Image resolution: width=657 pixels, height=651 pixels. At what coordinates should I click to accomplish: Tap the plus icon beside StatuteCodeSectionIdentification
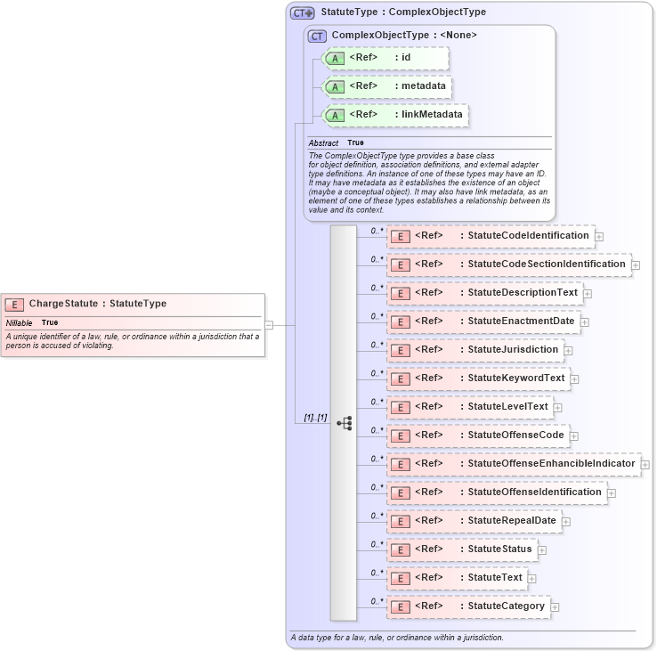[x=636, y=264]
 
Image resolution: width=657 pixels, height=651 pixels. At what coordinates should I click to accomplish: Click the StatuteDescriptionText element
[x=484, y=293]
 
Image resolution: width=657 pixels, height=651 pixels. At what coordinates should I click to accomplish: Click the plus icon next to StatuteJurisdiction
[x=569, y=350]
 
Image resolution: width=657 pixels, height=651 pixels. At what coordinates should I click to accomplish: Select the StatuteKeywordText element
[x=478, y=378]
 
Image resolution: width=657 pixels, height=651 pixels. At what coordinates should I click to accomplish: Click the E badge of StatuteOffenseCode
[x=401, y=436]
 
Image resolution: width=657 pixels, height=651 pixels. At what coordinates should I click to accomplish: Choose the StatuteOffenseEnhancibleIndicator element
[x=514, y=464]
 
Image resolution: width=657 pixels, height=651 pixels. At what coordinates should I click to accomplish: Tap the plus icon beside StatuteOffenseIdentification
[x=612, y=492]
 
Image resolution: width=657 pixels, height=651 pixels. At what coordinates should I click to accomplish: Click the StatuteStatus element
[x=462, y=549]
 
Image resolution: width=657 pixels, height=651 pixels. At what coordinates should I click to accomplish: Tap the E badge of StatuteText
[x=401, y=579]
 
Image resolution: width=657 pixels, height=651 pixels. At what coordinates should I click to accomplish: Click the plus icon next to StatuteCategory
[x=555, y=607]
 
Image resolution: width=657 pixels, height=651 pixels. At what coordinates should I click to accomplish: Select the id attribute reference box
[x=385, y=58]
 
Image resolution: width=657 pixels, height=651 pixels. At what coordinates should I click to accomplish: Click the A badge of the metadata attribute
[x=335, y=87]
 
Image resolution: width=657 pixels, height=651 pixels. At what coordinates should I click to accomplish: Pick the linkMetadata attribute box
[x=395, y=115]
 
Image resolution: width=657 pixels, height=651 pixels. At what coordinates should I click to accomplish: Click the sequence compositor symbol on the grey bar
[x=344, y=423]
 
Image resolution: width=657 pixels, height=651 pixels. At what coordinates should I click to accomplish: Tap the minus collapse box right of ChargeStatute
[x=269, y=325]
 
